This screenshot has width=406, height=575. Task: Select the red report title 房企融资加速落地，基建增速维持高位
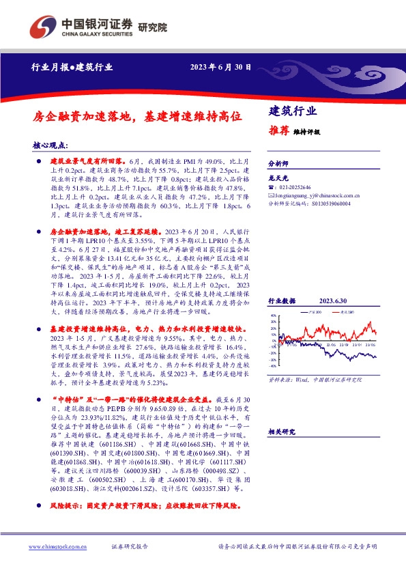click(137, 117)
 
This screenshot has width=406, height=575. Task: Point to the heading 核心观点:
click(51, 145)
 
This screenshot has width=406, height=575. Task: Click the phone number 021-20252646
click(298, 187)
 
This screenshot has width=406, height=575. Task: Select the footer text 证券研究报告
click(129, 547)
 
